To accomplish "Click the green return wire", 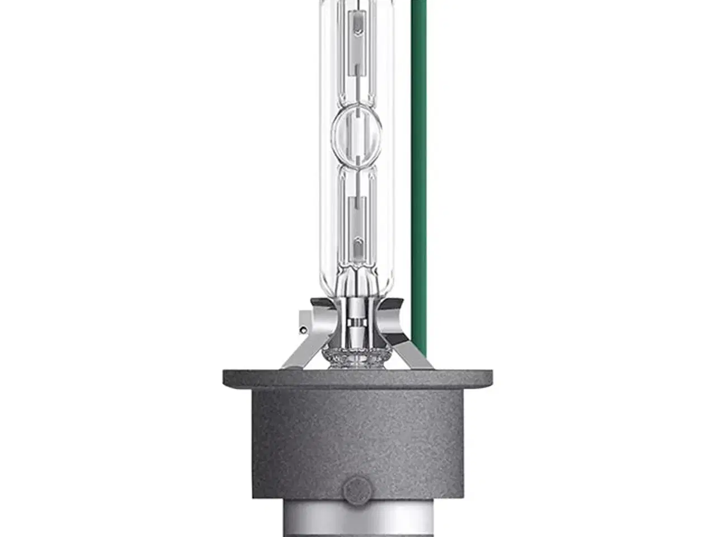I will [x=418, y=168].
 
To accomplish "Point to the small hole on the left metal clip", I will [x=302, y=328].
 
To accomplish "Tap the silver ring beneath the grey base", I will [x=356, y=524].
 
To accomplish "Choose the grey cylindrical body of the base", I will [x=356, y=436].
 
